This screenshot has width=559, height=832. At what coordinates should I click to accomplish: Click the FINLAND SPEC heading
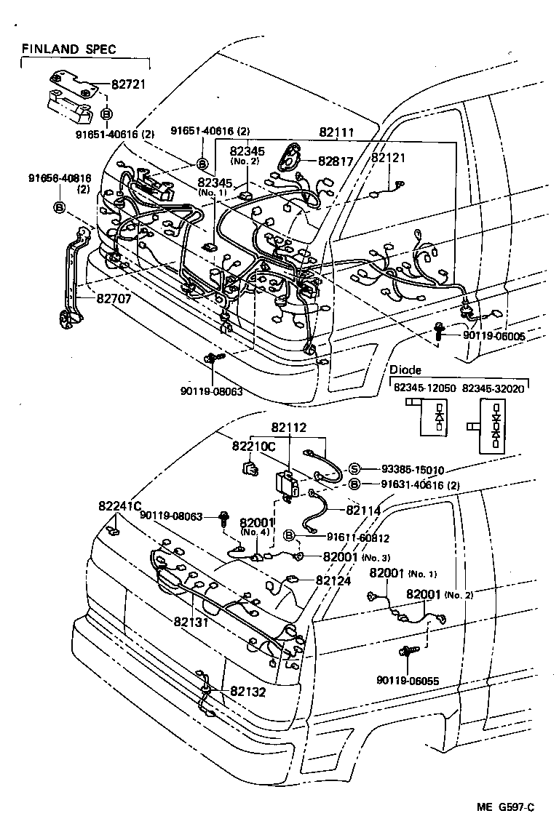point(68,49)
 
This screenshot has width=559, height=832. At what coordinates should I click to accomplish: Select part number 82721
point(129,84)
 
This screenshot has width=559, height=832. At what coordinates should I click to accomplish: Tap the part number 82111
point(337,132)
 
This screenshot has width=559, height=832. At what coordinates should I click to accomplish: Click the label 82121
point(388,157)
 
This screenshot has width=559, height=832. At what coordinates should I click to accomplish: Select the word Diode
point(405,370)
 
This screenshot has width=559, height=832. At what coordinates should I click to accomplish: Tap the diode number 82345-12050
point(425,388)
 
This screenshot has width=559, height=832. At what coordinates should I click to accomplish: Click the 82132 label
point(248,692)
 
